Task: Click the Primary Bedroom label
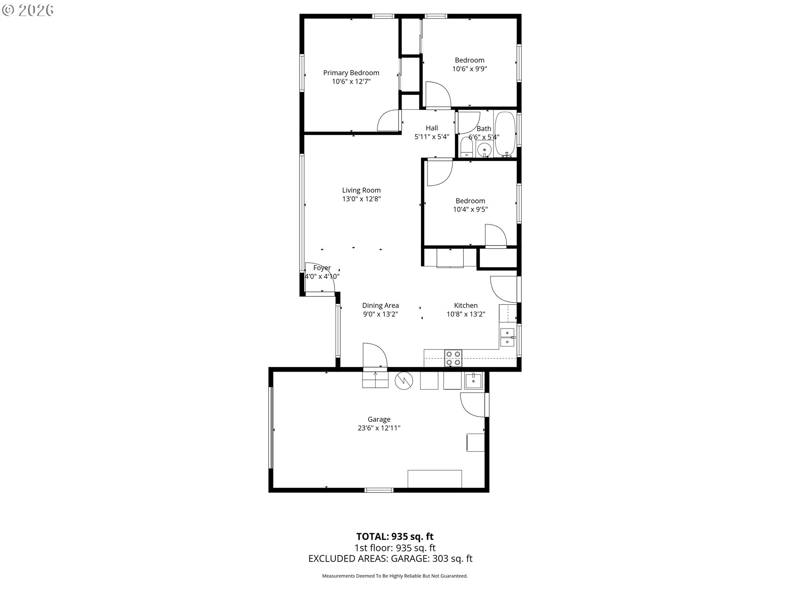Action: click(x=351, y=73)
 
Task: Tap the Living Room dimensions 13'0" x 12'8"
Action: click(x=361, y=199)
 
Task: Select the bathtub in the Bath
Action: click(x=505, y=133)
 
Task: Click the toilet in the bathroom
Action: click(x=467, y=148)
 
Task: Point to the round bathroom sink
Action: click(x=485, y=149)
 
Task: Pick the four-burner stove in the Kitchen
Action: click(x=453, y=358)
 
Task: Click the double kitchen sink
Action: click(x=507, y=337)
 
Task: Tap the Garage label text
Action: click(x=379, y=419)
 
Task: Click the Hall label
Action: click(x=432, y=128)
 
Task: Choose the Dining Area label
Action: click(x=381, y=305)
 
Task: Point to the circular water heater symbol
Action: click(x=404, y=381)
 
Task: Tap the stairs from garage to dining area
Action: click(x=375, y=379)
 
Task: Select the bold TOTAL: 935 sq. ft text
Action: click(x=395, y=536)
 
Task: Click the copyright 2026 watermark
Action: click(x=28, y=10)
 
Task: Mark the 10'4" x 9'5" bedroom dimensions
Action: click(x=470, y=209)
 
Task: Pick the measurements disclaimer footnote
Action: click(x=395, y=576)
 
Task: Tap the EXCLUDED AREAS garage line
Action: click(x=390, y=559)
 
